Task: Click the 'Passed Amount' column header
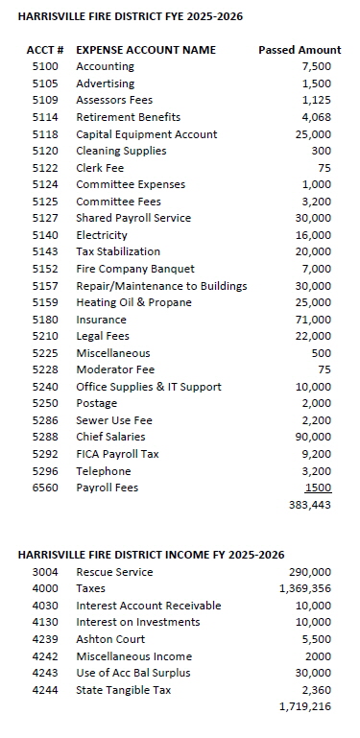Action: tap(300, 50)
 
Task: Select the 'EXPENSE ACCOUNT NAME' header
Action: tap(146, 50)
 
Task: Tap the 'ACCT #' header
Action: tap(44, 50)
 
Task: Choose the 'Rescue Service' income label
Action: tap(114, 572)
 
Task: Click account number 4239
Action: tap(44, 639)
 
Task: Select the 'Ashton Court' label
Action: tap(110, 639)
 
